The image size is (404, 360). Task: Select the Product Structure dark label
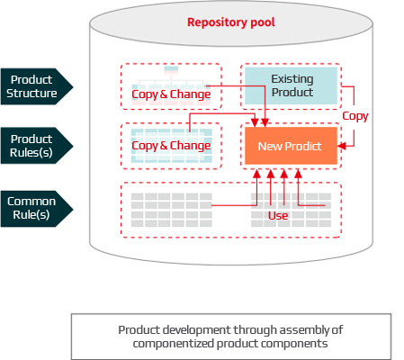[x=34, y=85]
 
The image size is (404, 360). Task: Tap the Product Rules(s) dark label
[x=34, y=146]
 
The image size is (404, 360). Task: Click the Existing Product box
[x=291, y=85]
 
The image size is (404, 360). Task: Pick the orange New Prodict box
[x=291, y=146]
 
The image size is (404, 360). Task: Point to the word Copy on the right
[x=355, y=116]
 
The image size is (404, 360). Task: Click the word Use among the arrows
[x=278, y=216]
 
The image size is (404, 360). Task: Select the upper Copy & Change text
[x=171, y=94]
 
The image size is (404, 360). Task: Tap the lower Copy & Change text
[x=171, y=146]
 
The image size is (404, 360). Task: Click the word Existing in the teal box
[x=292, y=79]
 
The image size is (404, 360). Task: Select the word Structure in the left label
[x=34, y=93]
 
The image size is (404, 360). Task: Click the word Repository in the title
[x=216, y=22]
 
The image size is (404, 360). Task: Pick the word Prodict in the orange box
[x=305, y=146]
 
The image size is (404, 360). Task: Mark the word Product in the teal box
[x=292, y=92]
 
